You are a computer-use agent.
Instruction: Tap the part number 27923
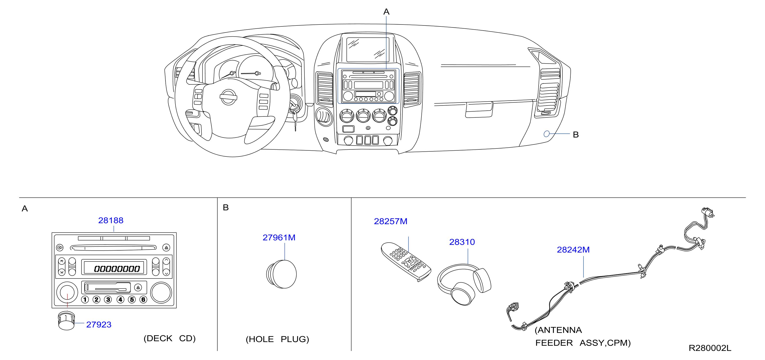pos(99,325)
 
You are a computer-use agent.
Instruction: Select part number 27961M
pos(279,238)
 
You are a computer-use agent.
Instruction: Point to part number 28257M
pos(391,221)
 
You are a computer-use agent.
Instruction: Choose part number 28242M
pos(573,250)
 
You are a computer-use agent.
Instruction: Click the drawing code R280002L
pos(710,348)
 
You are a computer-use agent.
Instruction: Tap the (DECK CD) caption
pos(170,338)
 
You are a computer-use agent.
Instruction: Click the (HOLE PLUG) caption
pos(277,339)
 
